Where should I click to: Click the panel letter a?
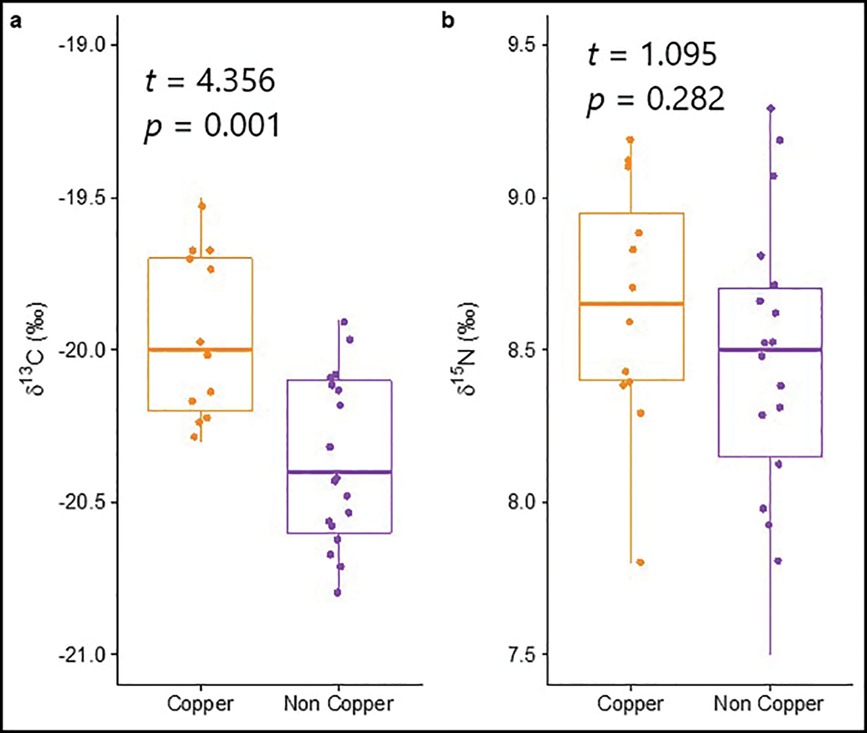click(x=16, y=22)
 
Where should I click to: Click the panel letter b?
click(x=447, y=22)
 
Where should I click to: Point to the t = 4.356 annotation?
click(x=210, y=81)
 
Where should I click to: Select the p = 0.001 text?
click(x=212, y=126)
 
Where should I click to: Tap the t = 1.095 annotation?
click(x=652, y=55)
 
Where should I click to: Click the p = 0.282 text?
click(x=656, y=100)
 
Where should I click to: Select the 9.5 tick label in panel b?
click(x=521, y=44)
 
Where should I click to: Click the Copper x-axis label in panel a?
click(x=200, y=704)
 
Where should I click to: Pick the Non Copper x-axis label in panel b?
click(x=769, y=704)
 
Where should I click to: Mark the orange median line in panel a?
click(x=200, y=350)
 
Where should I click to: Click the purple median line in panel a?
click(x=340, y=472)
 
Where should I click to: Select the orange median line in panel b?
click(x=631, y=303)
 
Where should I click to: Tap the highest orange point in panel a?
click(x=202, y=206)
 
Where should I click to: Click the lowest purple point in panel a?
click(x=337, y=593)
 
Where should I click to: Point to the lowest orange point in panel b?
click(x=640, y=563)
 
